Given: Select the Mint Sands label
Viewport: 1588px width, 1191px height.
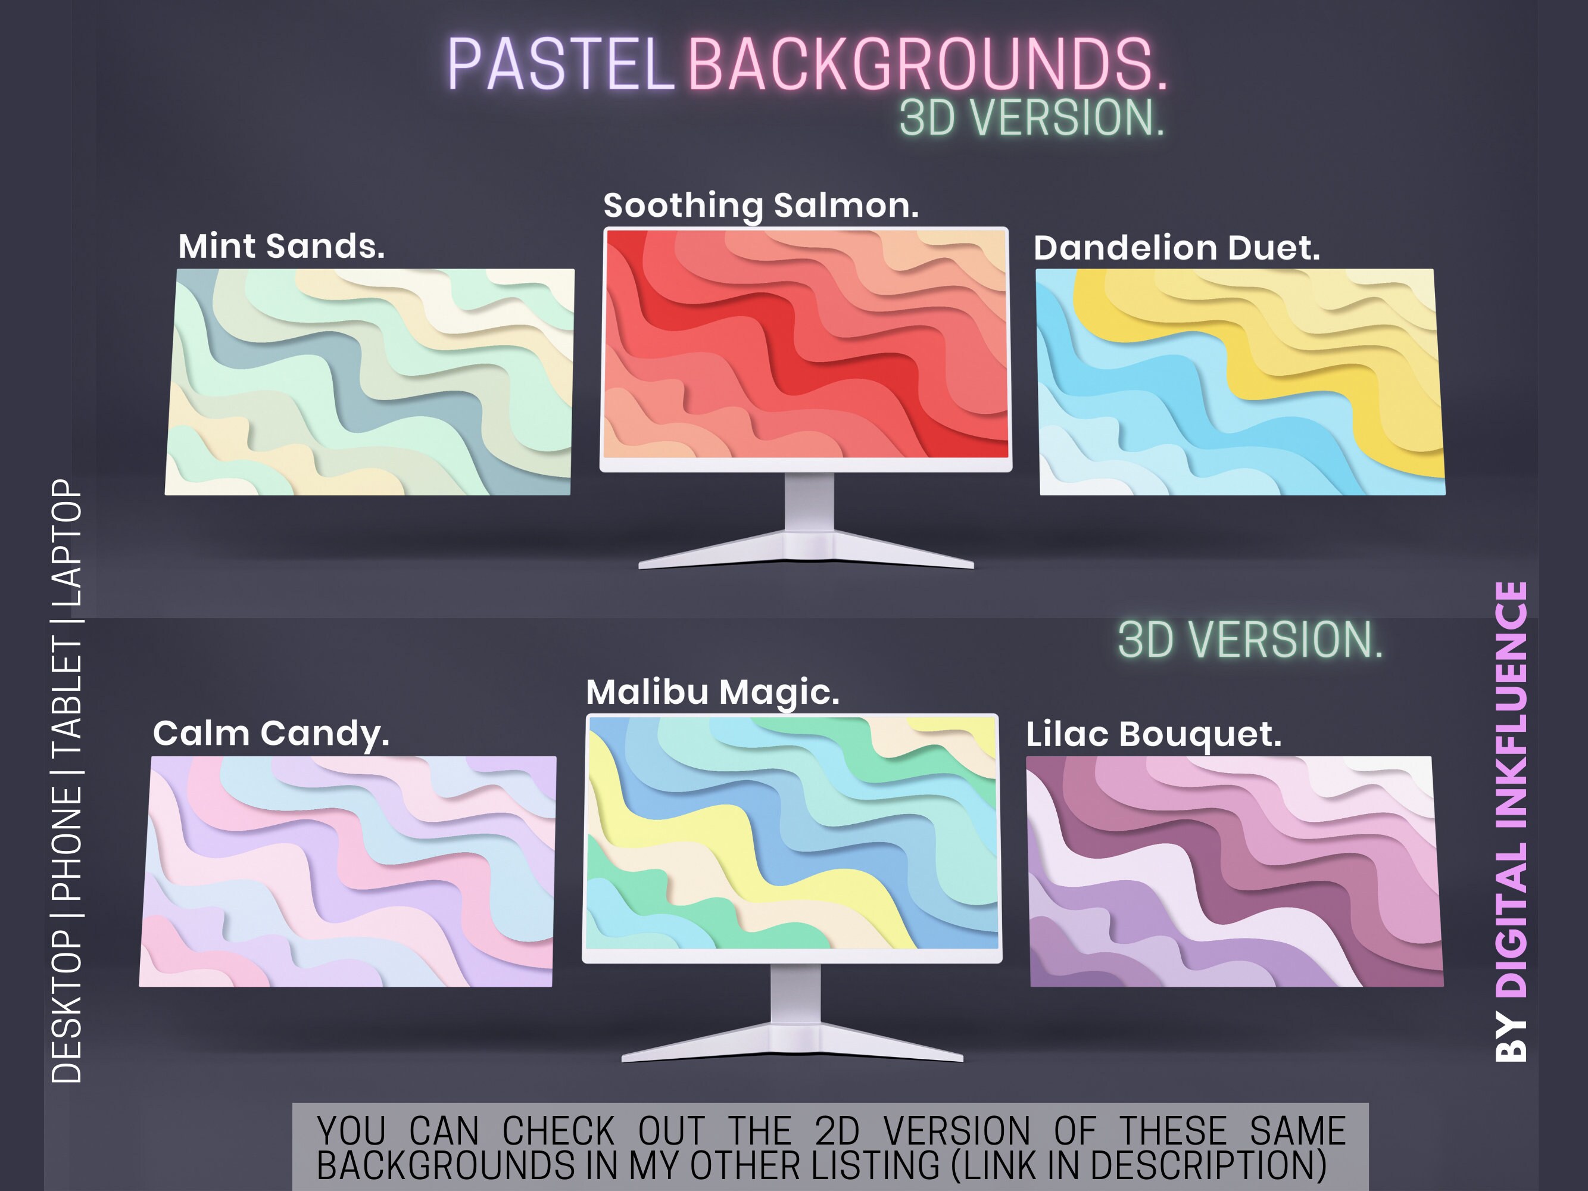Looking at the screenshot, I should (282, 247).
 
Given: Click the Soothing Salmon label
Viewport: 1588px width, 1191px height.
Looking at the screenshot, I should (761, 205).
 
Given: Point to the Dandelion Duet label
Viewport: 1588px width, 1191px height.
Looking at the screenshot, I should (1177, 248).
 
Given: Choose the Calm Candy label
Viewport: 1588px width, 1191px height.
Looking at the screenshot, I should (272, 734).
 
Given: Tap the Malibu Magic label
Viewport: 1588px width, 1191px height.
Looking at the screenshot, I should (713, 692).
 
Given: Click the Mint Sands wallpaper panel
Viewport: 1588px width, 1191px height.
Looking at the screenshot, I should (370, 382).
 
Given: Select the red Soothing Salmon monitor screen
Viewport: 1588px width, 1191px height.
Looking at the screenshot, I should (806, 343).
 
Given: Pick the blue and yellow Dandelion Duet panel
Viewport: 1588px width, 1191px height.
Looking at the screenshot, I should (1240, 382).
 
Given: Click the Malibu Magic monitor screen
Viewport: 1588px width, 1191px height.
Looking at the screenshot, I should (792, 831).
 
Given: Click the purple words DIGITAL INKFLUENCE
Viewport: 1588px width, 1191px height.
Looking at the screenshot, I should (1512, 790).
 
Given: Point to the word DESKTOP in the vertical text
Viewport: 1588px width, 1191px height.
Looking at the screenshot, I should (67, 1005).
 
